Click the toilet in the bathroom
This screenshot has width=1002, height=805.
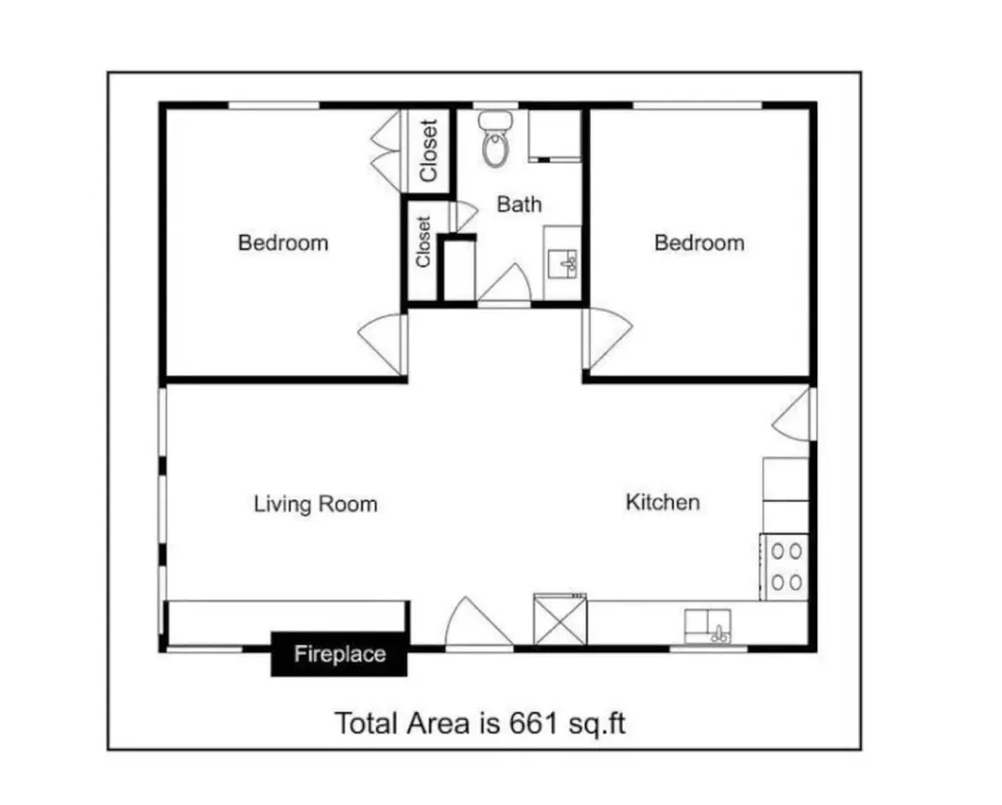tap(496, 139)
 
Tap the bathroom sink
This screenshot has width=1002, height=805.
tap(563, 263)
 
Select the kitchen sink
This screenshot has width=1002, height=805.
tap(707, 625)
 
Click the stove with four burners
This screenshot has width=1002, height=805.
tap(786, 566)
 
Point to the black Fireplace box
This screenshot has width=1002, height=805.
tap(340, 653)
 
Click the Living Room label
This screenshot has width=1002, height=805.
tap(316, 504)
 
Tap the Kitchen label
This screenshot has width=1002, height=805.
tap(662, 502)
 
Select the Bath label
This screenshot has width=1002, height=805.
tap(519, 204)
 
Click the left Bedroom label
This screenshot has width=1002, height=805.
tap(283, 243)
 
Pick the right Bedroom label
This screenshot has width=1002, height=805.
tap(699, 243)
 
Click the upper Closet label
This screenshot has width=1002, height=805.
tap(429, 150)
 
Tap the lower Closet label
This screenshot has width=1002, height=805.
tap(423, 242)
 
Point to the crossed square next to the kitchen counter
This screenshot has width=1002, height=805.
tap(560, 619)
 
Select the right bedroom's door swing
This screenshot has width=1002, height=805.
tap(608, 338)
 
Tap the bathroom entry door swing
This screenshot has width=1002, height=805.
tap(504, 285)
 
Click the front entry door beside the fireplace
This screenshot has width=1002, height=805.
tap(478, 623)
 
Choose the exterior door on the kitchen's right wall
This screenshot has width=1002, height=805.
tap(794, 414)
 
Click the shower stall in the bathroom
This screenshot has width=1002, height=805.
tap(554, 135)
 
